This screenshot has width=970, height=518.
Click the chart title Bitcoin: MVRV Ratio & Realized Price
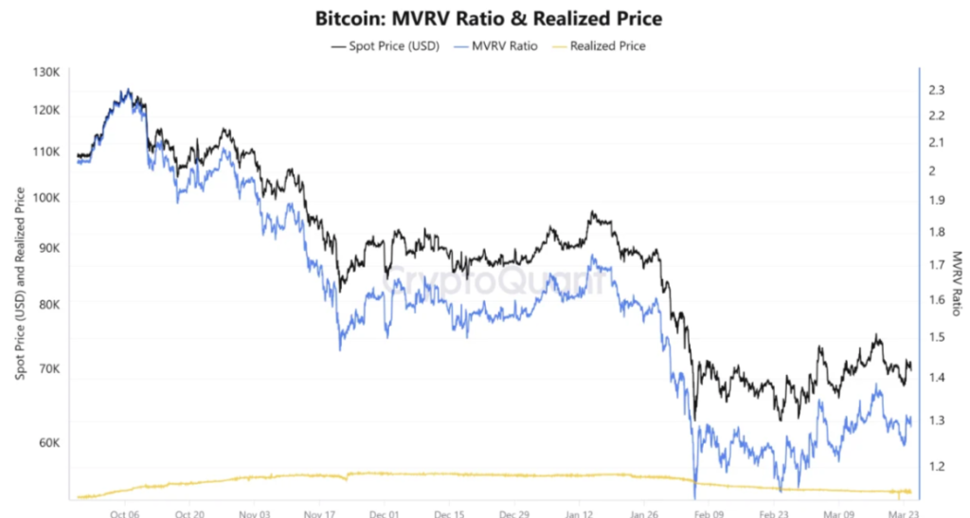(x=488, y=18)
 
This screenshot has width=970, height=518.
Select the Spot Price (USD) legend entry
(x=385, y=45)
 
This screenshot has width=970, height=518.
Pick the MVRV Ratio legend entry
(x=496, y=45)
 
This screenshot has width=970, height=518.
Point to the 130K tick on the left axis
(x=46, y=73)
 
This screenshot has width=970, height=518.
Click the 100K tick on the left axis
(x=46, y=198)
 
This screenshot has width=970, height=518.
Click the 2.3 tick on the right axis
(x=937, y=90)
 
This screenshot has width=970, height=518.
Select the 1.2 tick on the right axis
(x=937, y=465)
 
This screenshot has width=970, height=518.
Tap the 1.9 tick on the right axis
(x=937, y=200)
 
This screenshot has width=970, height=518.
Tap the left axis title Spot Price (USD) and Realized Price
(x=20, y=284)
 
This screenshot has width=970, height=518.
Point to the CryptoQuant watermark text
(x=492, y=281)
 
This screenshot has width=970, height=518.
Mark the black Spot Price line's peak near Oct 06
(x=126, y=90)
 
